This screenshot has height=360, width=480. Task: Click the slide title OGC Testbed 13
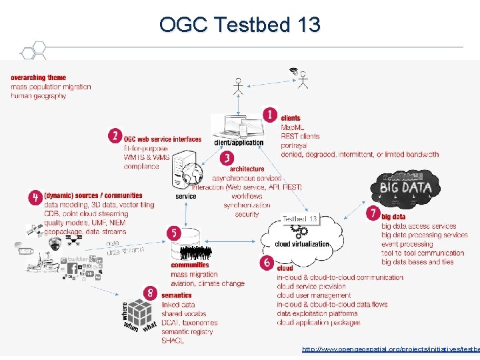click(240, 25)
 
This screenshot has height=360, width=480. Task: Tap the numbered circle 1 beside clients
click(269, 115)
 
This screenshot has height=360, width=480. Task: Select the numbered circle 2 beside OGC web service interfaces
click(115, 135)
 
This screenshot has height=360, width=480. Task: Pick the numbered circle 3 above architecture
click(227, 158)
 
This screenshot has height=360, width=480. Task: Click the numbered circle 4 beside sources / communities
click(35, 197)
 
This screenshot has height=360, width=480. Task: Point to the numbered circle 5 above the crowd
click(173, 233)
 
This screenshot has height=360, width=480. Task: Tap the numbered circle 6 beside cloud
click(267, 263)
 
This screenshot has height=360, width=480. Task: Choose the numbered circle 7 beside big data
click(373, 213)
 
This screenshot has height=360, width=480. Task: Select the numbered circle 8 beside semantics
click(150, 292)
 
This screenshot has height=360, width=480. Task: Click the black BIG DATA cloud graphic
click(405, 185)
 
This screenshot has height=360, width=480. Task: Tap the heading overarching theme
click(38, 78)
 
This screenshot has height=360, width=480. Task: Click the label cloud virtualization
click(302, 244)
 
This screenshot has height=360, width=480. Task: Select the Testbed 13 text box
click(299, 219)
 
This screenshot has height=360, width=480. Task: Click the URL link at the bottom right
click(390, 349)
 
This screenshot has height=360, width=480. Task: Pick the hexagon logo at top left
click(32, 51)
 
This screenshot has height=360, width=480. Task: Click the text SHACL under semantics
click(172, 341)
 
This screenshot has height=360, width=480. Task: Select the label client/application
click(239, 142)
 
